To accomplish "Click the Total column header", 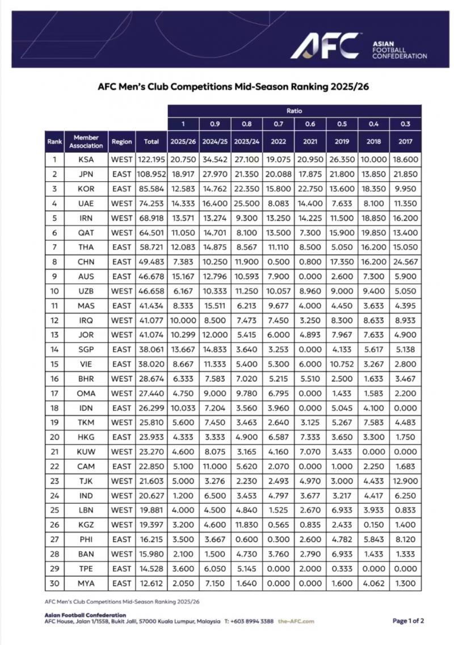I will coord(152,141).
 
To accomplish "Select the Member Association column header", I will coord(86,141).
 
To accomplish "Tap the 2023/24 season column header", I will coord(246,141).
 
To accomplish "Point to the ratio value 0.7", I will coord(278,124).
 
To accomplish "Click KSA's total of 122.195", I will coord(152,160).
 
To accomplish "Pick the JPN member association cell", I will coord(86,174).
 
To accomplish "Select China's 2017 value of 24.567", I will coord(405,262).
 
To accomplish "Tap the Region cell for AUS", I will coord(121,277).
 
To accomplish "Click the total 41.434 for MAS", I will coord(152,306).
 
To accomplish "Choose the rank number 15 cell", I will coord(54,365).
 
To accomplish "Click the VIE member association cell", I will coord(86,365).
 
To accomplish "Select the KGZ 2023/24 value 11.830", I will coord(246,525).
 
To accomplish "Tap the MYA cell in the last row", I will coord(86,583).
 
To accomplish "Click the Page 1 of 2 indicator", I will coord(408,621).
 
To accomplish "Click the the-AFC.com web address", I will coord(296,622).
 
